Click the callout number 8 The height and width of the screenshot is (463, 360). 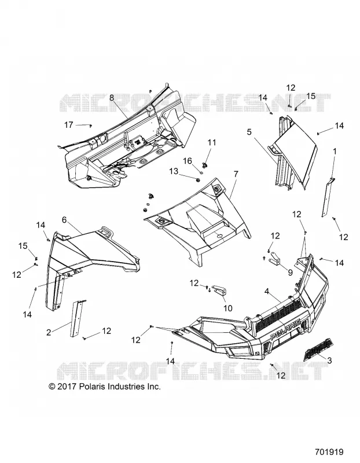coord(112,98)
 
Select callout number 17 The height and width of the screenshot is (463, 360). coord(69,125)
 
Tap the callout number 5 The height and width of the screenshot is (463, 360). coord(249,132)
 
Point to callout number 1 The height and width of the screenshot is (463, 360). coord(335,152)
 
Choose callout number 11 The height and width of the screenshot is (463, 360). coord(212,142)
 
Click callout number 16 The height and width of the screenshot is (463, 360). coord(188,161)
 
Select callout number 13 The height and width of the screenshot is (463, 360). coord(174,171)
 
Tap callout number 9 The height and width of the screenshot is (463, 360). coord(290,273)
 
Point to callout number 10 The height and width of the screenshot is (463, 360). coord(227,308)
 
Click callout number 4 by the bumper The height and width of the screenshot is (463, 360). coord(267,292)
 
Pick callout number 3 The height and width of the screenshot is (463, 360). coord(329,360)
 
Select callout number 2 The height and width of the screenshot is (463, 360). coord(49,332)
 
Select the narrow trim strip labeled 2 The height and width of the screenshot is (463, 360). coord(77,318)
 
